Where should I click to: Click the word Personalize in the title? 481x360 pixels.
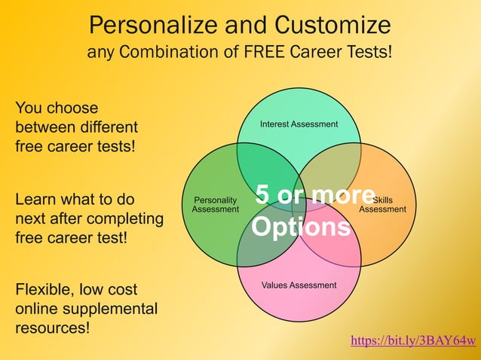coord(148,26)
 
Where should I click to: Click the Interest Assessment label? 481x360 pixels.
coord(299,124)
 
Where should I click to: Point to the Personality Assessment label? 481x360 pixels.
coord(216,204)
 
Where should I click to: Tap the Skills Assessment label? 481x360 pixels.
coord(383,205)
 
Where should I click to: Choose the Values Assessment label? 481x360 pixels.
coord(299,285)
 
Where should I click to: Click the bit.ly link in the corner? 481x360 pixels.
coord(413,341)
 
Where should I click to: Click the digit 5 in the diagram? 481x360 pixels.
coord(262,195)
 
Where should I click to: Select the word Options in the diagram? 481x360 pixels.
coord(301,227)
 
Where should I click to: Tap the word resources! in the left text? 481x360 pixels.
coord(52,328)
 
